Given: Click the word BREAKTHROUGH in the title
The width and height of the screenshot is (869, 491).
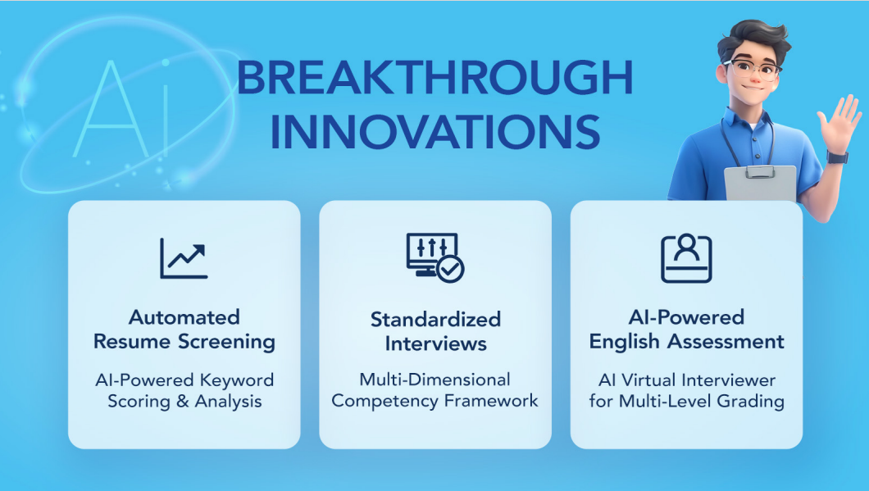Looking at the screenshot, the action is click(x=435, y=78).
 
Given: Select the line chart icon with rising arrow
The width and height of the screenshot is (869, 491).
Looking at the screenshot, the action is click(x=184, y=258).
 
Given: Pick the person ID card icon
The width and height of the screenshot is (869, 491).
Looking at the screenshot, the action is click(x=686, y=258).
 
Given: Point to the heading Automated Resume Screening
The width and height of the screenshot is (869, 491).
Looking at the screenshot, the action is click(x=184, y=330).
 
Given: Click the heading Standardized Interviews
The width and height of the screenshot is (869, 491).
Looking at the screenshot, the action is click(x=435, y=331).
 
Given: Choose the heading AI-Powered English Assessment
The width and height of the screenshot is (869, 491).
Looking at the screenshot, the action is click(x=686, y=330).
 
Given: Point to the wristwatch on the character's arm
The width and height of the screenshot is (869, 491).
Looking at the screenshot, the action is click(x=837, y=157).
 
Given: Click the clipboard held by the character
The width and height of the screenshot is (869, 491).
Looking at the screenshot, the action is click(x=760, y=183).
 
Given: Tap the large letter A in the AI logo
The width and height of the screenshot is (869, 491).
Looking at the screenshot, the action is click(x=111, y=108).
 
